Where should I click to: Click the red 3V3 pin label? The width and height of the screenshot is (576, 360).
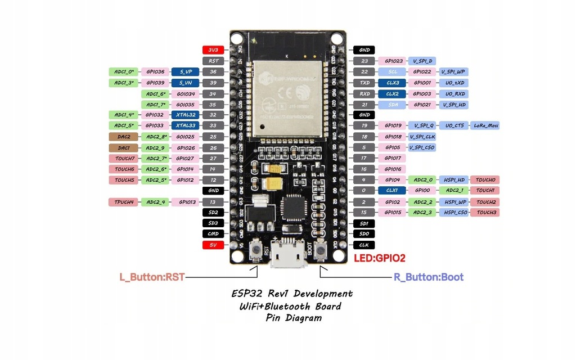[x=213, y=50]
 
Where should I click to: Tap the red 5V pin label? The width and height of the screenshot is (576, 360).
[x=213, y=245]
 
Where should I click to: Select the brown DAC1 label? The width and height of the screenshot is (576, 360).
[x=124, y=147]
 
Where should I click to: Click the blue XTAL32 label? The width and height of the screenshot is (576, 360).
[x=186, y=115]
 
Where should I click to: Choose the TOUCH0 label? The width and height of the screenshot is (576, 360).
[x=485, y=180]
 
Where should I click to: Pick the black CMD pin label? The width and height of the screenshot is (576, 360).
[x=213, y=234]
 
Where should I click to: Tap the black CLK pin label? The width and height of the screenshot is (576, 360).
[x=364, y=245]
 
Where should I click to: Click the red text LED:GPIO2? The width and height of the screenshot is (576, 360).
[x=380, y=258]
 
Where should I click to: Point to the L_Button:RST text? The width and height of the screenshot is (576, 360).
[x=152, y=277]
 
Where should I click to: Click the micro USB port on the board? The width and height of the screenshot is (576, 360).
[x=287, y=256]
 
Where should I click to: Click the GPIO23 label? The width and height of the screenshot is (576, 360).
[x=394, y=61]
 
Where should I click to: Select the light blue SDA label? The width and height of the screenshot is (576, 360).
[x=393, y=104]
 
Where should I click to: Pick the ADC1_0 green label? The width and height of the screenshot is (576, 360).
[x=124, y=72]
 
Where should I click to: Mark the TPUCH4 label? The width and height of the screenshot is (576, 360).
[x=124, y=201]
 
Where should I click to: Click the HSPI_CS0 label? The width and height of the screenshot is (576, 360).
[x=454, y=212]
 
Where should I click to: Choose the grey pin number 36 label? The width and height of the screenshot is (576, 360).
[x=213, y=72]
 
